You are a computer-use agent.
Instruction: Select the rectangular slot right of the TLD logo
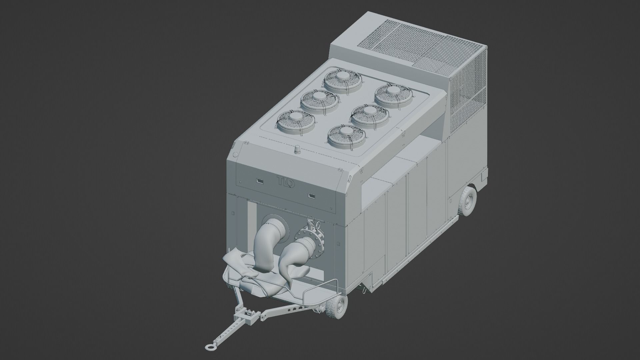312,195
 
